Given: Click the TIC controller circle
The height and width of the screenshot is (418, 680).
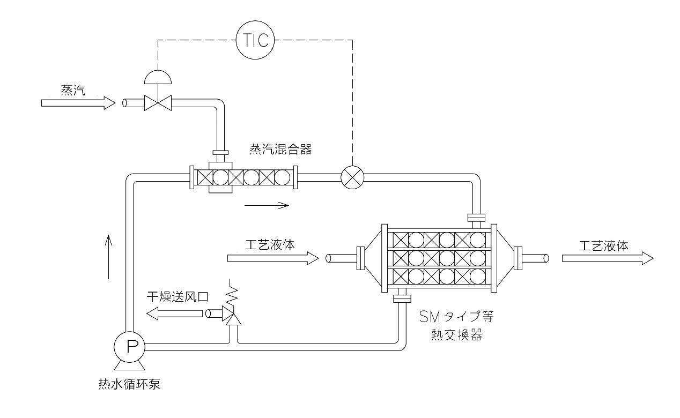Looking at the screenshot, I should tap(256, 40).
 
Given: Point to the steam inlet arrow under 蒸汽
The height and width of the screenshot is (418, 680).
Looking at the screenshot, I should tap(78, 102).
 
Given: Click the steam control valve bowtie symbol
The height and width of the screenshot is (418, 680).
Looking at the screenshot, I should tap(158, 102).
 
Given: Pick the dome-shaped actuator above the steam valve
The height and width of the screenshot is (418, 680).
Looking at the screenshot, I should tap(158, 77).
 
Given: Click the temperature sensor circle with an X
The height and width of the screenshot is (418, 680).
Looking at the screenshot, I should tap(352, 177).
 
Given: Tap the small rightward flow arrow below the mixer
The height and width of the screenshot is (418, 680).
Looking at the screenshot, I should tap(267, 205).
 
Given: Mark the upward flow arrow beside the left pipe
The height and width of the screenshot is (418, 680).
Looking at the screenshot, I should tap(109, 257).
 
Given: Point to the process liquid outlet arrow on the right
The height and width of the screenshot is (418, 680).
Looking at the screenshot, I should tap(607, 258).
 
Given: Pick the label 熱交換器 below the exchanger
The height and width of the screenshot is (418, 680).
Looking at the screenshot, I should tap(456, 335).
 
